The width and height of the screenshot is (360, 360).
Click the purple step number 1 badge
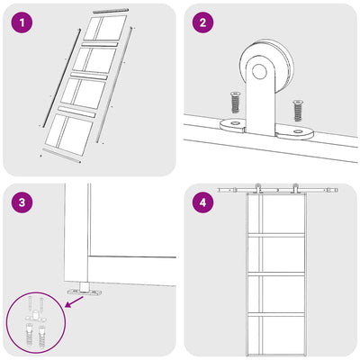(x=22, y=22)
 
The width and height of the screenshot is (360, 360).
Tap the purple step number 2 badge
(x=202, y=22)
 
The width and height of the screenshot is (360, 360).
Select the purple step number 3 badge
(x=22, y=202)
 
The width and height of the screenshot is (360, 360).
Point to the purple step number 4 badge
(x=202, y=202)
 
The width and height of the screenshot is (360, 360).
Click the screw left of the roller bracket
(x=235, y=103)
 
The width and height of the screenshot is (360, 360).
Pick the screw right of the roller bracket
(x=298, y=111)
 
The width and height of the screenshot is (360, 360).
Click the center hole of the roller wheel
(x=259, y=72)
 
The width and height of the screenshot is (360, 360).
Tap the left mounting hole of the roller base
(x=234, y=122)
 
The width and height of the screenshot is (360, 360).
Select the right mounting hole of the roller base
(x=298, y=131)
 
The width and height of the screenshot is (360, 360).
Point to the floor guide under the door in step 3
(x=85, y=289)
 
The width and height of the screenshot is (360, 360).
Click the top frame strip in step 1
(x=111, y=11)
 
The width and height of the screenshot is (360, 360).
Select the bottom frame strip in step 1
(x=62, y=155)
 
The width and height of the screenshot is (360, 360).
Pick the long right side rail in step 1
(x=114, y=85)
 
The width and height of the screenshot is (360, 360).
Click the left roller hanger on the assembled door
(x=257, y=188)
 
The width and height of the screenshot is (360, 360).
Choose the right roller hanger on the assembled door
(x=295, y=188)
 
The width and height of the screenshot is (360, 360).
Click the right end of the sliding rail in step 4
(x=337, y=190)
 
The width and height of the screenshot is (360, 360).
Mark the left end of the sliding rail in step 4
(x=219, y=190)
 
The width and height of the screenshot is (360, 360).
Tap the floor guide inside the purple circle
(x=35, y=317)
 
